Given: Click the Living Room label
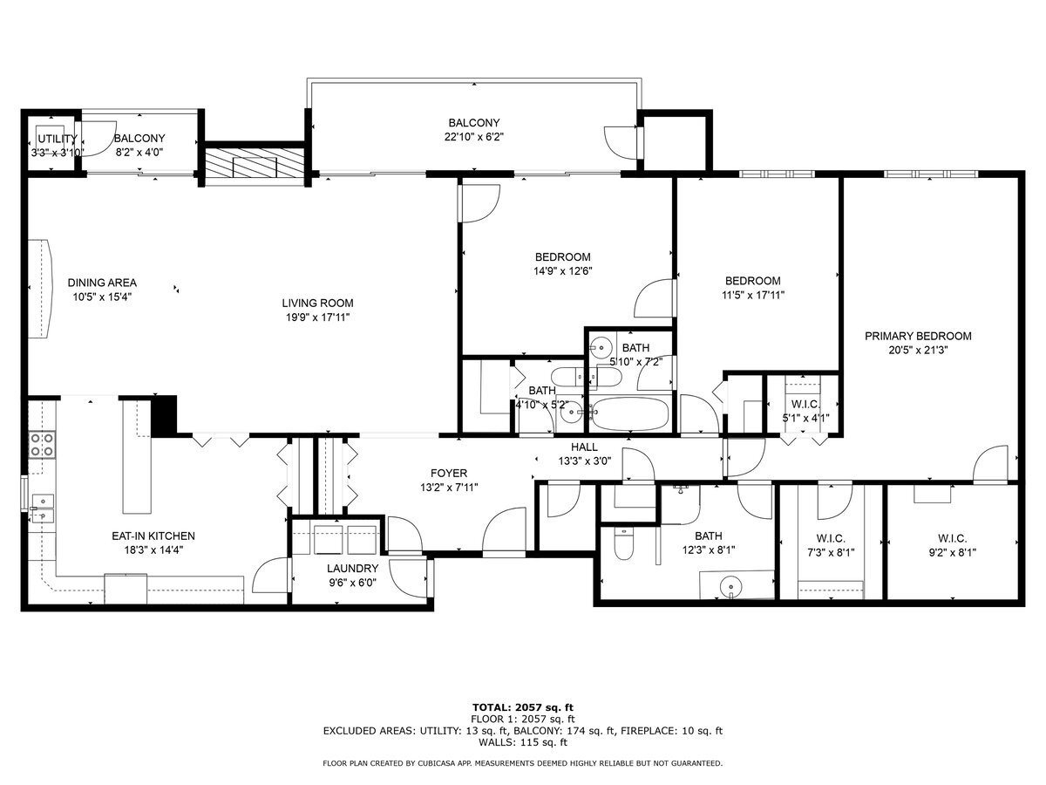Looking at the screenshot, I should [317, 304].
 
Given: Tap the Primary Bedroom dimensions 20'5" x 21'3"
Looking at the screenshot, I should [918, 350].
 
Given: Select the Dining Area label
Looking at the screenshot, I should [102, 283].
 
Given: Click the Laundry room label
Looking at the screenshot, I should [352, 569].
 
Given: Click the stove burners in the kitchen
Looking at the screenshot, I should [41, 445].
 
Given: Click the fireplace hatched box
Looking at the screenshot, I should [254, 163].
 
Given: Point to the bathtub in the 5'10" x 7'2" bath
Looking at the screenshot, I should [629, 413].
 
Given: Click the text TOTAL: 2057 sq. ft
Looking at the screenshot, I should [522, 706].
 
